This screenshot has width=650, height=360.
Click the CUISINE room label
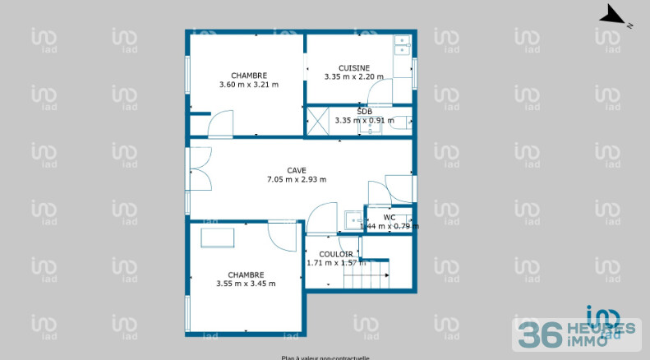pos(354,68)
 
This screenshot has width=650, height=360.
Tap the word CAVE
pos(297,170)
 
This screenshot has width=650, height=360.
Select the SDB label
pos(364,111)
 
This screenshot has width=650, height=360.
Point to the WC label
pos(390,217)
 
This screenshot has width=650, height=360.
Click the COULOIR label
pos(336,254)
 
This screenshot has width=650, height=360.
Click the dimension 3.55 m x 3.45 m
pos(246,284)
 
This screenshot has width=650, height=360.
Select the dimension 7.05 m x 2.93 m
pos(297,179)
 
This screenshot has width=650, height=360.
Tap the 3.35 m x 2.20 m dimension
pos(354,77)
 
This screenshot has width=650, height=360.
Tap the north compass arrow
pos(613,15)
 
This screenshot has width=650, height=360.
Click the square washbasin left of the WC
pos(353,220)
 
